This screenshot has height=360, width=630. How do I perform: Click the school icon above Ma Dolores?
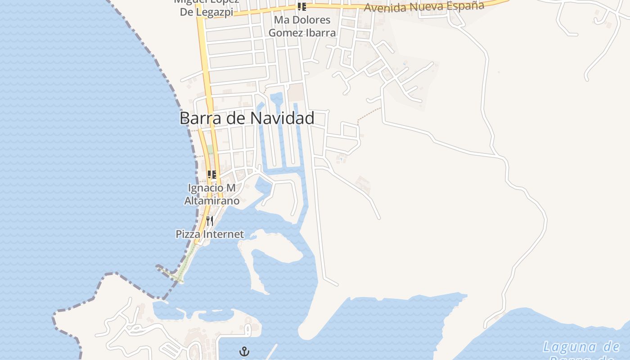pos(301,7)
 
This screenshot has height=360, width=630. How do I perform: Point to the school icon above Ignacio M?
pos(211,175)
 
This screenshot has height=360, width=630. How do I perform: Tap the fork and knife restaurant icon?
pos(210,221)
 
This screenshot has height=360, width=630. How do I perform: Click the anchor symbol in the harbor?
pos(244,351)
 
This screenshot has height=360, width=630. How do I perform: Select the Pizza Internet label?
pos(210,234)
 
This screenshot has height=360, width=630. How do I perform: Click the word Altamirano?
pos(211,201)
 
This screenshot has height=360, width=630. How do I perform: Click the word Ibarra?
pos(320,33)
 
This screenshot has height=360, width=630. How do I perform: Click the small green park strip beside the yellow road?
pos(210,149)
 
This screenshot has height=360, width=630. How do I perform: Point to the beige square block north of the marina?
pos(296,92)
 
